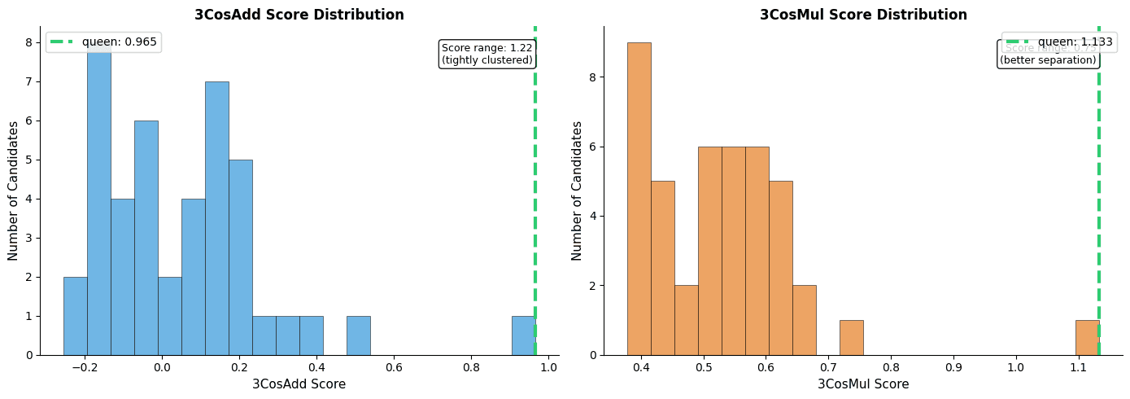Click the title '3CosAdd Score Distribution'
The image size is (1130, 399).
coord(299,15)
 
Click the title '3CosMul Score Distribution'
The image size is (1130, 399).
coord(863,15)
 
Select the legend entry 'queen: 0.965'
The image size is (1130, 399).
coord(103,42)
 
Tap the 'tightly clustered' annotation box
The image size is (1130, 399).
coord(486,55)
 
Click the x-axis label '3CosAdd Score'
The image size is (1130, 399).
coord(299,384)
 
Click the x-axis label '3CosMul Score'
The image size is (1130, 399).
coord(863,384)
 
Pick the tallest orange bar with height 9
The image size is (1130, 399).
coord(639,199)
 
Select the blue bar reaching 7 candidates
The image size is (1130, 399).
coord(216,218)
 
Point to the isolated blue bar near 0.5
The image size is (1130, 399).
coord(358,335)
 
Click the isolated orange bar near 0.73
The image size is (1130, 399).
coord(851,338)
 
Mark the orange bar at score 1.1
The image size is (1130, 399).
coord(1087,338)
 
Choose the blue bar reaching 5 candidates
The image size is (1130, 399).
coord(240,257)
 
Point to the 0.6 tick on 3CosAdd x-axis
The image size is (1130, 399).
coord(394,367)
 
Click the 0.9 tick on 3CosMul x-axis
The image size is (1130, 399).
coord(953,367)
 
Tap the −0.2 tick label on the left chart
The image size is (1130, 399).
coord(84,367)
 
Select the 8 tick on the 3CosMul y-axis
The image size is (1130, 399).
coord(594,77)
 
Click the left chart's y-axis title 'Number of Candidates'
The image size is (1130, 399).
coord(14,191)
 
